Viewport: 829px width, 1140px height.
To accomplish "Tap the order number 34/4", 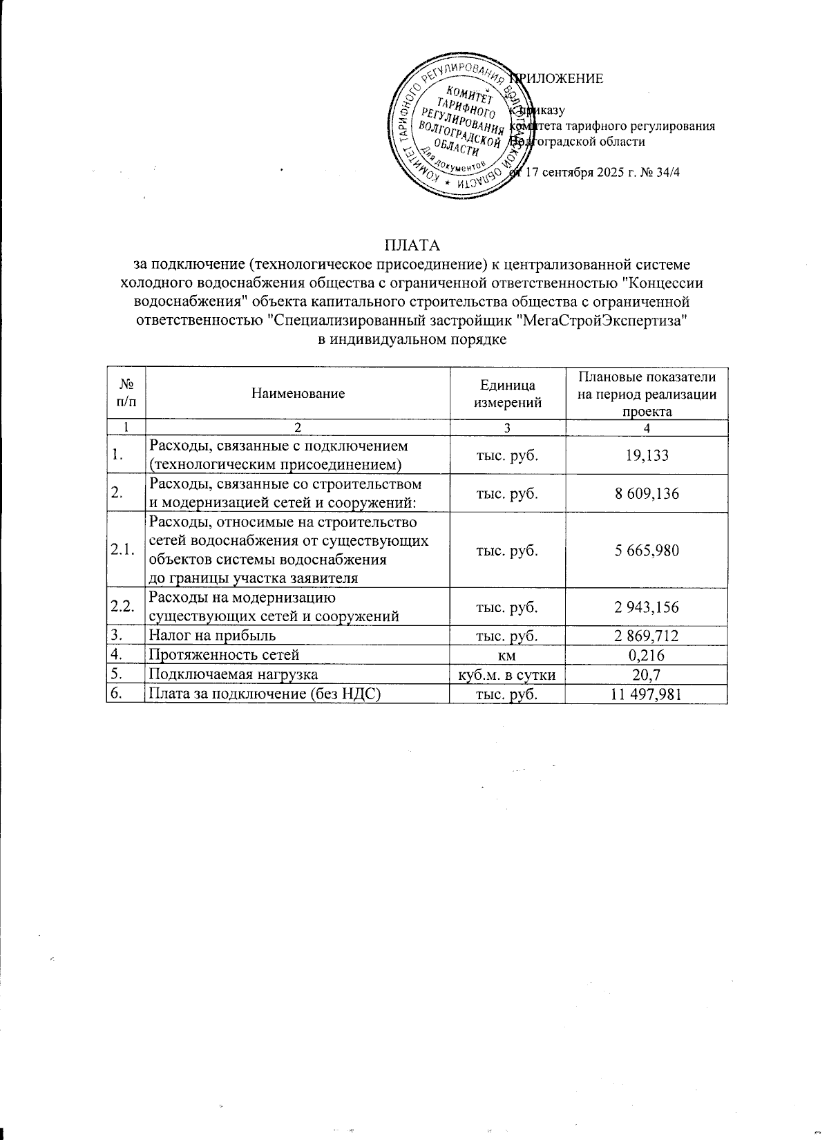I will point(667,171).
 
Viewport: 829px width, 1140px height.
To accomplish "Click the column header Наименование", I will point(298,394).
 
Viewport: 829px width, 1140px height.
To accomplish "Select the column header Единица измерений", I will point(508,394).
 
